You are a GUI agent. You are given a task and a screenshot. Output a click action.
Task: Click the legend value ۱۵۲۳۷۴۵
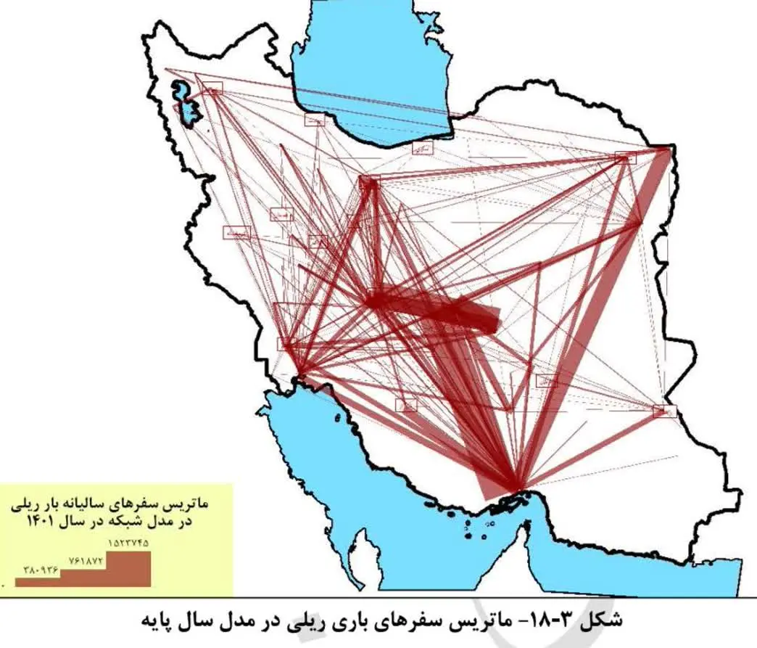pos(129,542)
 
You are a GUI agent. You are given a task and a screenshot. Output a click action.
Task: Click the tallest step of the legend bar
pos(129,568)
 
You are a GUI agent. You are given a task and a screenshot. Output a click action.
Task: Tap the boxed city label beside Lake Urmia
pos(212,89)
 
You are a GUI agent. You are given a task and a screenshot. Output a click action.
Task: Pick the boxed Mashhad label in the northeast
pos(625,157)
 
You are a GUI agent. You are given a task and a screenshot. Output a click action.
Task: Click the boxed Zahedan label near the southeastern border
pos(663,411)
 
